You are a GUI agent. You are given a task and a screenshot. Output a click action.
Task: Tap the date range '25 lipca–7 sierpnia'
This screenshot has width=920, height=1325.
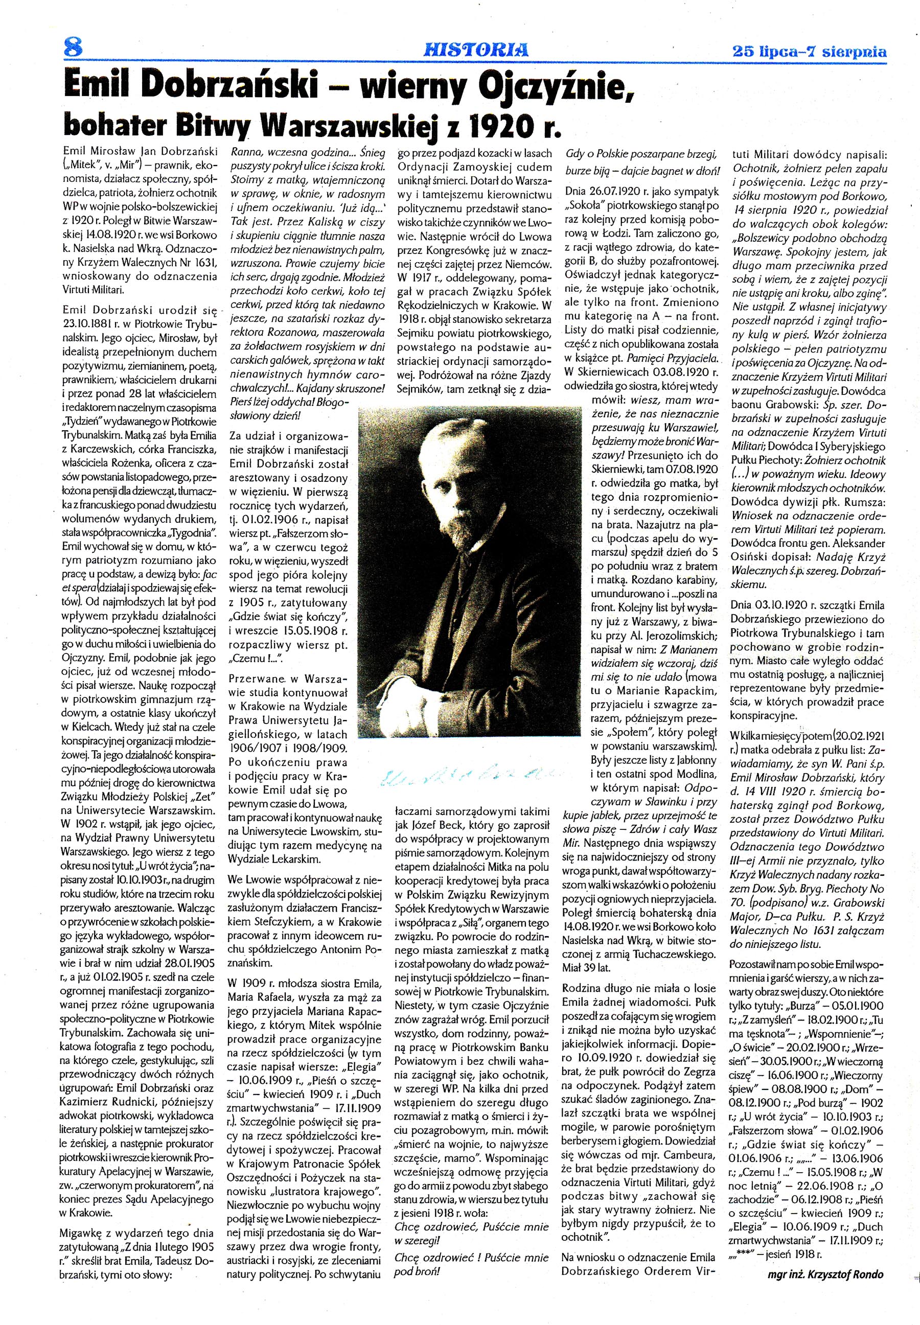(809, 51)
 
